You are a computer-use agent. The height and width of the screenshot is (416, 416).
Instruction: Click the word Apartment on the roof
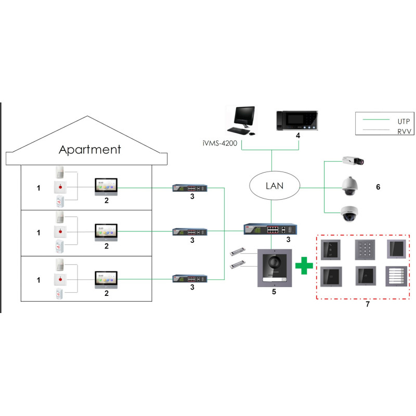pyautogui.click(x=90, y=150)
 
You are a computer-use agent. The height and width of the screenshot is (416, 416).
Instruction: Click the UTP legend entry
pyautogui.click(x=397, y=120)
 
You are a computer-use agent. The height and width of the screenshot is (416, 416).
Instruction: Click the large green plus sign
pyautogui.click(x=304, y=267)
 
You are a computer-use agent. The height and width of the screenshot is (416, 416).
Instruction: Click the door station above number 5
pyautogui.click(x=274, y=268)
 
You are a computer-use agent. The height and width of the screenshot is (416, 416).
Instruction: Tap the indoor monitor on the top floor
pyautogui.click(x=106, y=186)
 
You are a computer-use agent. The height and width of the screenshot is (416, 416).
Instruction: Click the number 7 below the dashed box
pyautogui.click(x=367, y=304)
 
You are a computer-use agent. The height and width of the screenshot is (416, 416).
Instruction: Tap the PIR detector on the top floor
pyautogui.click(x=61, y=173)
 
